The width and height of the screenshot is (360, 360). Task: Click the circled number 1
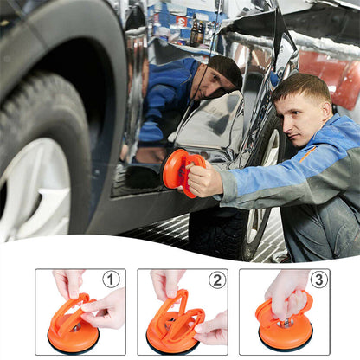[111, 279]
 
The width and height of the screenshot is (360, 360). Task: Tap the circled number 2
[215, 280]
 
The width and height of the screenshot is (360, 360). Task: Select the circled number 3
[318, 280]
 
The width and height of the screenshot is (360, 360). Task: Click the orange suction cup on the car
[177, 169]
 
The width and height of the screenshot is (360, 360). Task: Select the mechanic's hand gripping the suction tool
[205, 179]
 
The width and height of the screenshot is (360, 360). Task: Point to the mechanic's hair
[303, 87]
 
